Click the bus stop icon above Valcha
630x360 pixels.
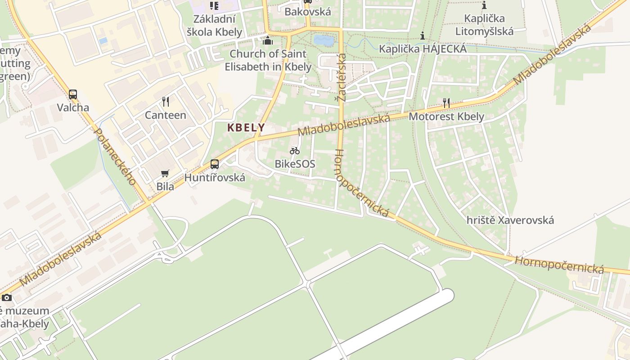coord(73,94)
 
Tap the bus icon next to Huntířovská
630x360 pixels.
coord(215,164)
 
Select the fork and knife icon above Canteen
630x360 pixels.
coord(166,102)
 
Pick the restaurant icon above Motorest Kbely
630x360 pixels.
coord(446,103)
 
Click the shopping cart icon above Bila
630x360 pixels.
coord(165,174)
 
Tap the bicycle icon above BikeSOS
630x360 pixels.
coord(295,151)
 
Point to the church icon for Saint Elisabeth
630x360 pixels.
coord(268,41)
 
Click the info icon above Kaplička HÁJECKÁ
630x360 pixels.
coord(422,36)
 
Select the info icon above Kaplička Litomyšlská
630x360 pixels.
coord(484,5)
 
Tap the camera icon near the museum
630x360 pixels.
coord(7,297)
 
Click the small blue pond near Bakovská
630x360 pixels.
coord(324,41)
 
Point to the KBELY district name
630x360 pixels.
coord(246,128)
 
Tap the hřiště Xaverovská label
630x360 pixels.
coord(510,220)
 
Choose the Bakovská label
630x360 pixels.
coord(308,12)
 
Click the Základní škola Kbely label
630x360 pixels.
coord(215,26)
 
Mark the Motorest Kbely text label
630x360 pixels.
coord(446,117)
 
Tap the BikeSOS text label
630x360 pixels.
coord(295,164)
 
